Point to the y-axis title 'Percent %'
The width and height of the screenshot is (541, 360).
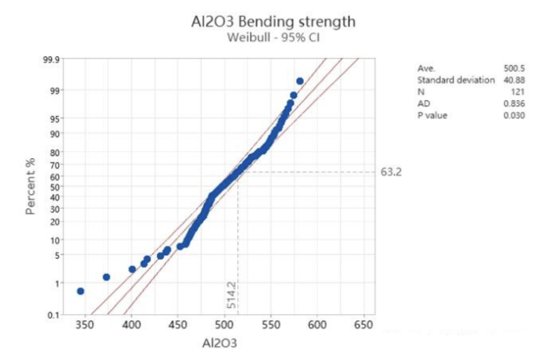[30, 186]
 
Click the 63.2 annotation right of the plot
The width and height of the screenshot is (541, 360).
[391, 171]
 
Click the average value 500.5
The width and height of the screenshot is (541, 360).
[511, 67]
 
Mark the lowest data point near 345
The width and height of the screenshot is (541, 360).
[81, 291]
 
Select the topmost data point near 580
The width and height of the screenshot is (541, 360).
[299, 81]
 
